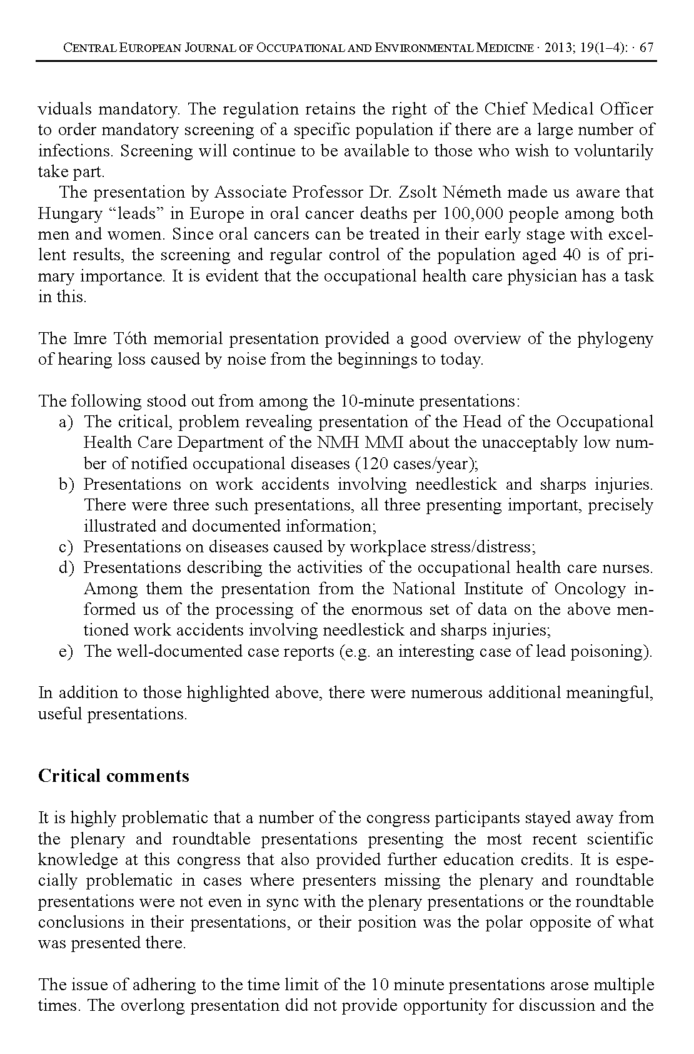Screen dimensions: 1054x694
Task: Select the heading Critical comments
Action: pyautogui.click(x=113, y=776)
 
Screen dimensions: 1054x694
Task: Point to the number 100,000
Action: pyautogui.click(x=470, y=213)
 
